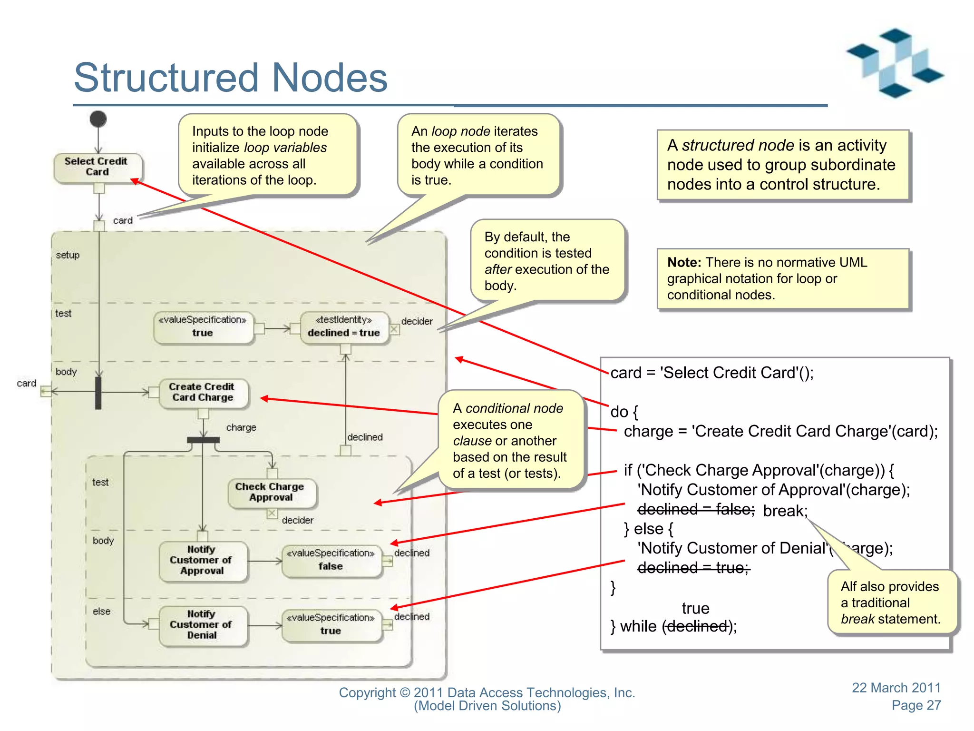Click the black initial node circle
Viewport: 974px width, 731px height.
click(x=98, y=119)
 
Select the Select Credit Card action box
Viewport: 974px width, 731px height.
click(x=97, y=167)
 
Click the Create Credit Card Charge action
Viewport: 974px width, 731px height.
click(x=203, y=393)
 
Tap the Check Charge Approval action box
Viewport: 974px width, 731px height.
click(x=271, y=492)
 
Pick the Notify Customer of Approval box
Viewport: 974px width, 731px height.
click(x=202, y=561)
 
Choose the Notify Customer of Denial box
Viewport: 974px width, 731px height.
click(x=202, y=625)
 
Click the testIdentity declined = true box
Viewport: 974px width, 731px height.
click(x=344, y=327)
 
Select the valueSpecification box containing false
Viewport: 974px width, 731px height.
click(x=331, y=561)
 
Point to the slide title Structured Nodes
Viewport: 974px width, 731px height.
click(x=231, y=78)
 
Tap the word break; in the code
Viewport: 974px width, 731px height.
click(x=785, y=511)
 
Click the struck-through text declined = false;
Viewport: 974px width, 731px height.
click(x=695, y=510)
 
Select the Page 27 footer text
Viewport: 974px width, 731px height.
click(x=916, y=705)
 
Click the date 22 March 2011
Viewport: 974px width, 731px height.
click(x=896, y=688)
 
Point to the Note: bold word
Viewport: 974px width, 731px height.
click(x=684, y=263)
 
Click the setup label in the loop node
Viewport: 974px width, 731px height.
click(x=68, y=255)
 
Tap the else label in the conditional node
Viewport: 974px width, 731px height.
click(x=101, y=612)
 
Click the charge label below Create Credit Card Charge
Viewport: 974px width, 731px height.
click(x=241, y=427)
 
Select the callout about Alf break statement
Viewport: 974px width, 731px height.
click(x=890, y=603)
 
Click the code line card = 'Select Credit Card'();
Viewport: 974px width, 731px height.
click(x=712, y=373)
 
